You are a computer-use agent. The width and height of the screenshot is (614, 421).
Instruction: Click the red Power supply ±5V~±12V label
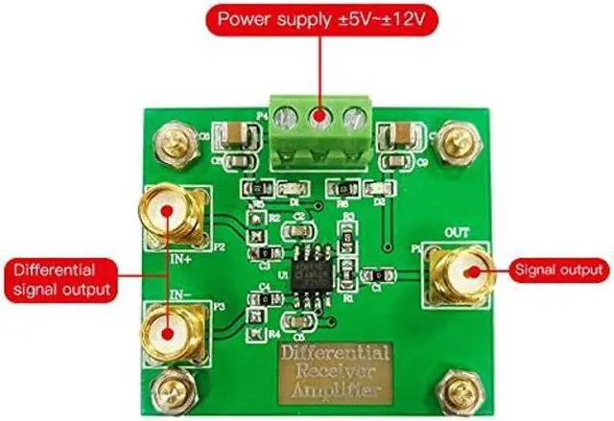(307, 19)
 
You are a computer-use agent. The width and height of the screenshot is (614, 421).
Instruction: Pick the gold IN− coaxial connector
(169, 329)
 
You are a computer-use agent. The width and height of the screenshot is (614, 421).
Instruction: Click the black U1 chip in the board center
(312, 275)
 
